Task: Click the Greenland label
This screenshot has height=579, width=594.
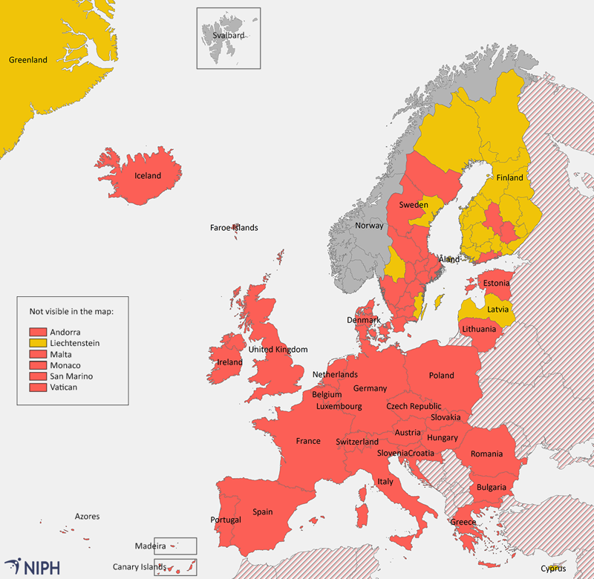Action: click(x=27, y=60)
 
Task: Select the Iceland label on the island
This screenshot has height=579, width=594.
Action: click(x=147, y=176)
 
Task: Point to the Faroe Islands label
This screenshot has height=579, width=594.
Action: click(x=234, y=228)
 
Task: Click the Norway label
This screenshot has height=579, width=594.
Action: click(x=369, y=226)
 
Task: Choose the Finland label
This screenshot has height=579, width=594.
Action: click(x=509, y=177)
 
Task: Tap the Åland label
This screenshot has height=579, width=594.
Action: click(x=449, y=260)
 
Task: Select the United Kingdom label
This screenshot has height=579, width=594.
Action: click(x=278, y=350)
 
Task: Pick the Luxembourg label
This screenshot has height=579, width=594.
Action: click(x=339, y=407)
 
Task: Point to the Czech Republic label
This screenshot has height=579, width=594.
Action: click(x=414, y=406)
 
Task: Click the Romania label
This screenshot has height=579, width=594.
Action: click(x=486, y=454)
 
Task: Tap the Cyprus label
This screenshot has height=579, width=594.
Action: click(x=553, y=569)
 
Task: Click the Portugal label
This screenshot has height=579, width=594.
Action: click(x=226, y=520)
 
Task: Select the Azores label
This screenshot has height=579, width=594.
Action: click(x=87, y=516)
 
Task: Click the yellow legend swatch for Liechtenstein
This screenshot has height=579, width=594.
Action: click(x=38, y=343)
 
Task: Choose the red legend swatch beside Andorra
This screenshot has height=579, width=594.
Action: click(x=38, y=332)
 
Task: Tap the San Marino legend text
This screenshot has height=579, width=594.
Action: click(x=71, y=376)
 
